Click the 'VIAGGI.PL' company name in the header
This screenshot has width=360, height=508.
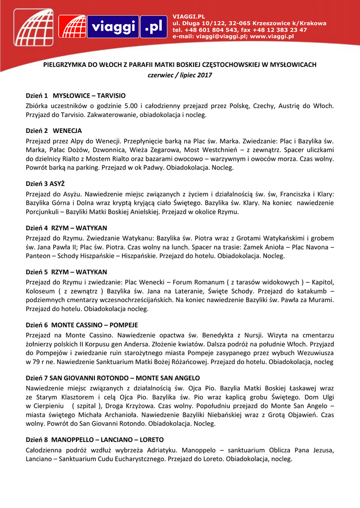point(188,17)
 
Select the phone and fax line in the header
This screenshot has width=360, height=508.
point(239,30)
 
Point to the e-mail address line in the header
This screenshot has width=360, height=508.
point(233,36)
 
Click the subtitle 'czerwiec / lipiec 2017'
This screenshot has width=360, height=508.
point(180,75)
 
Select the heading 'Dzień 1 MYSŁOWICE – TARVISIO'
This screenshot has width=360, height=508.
point(75,95)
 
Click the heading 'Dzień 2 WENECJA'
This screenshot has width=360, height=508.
point(54,131)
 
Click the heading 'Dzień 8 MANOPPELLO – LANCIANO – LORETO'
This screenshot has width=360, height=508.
point(95,440)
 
